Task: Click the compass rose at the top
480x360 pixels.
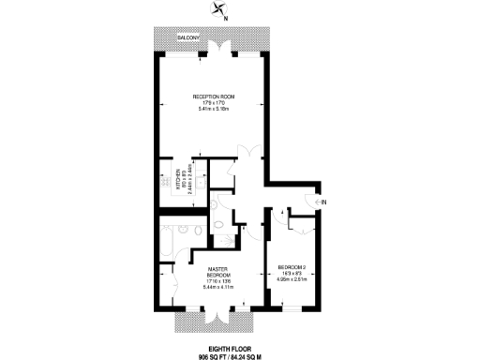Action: [220, 10]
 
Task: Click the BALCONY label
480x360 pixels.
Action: [173, 37]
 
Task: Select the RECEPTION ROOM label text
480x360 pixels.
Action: [213, 96]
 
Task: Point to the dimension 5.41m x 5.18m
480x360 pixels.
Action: [213, 109]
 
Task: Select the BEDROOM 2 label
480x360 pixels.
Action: [293, 266]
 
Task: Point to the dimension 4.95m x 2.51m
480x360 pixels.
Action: [293, 278]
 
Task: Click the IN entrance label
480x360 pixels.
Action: [323, 202]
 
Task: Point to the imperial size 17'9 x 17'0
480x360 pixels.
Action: [213, 102]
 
